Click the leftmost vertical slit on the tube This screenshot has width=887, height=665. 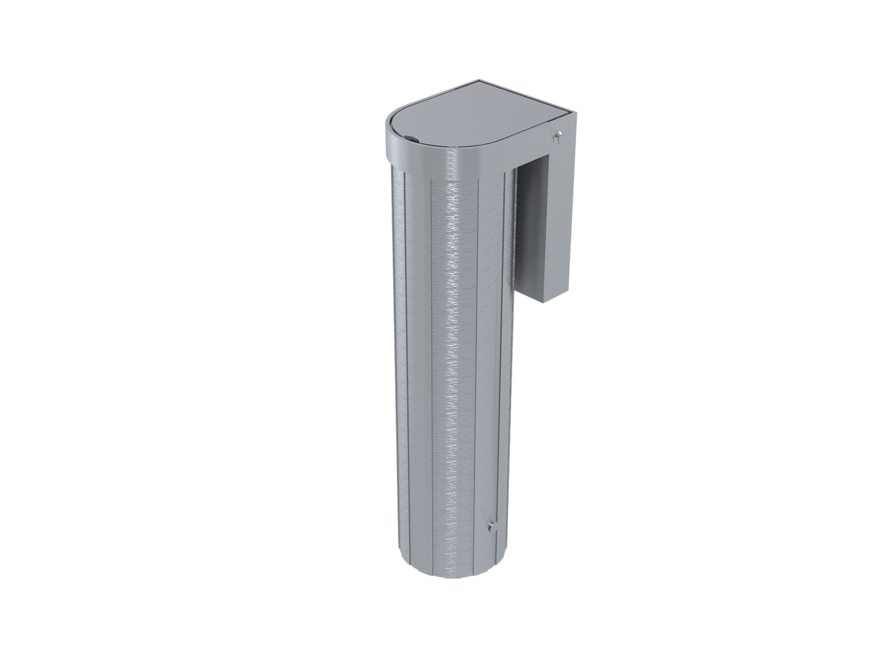click(405, 355)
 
